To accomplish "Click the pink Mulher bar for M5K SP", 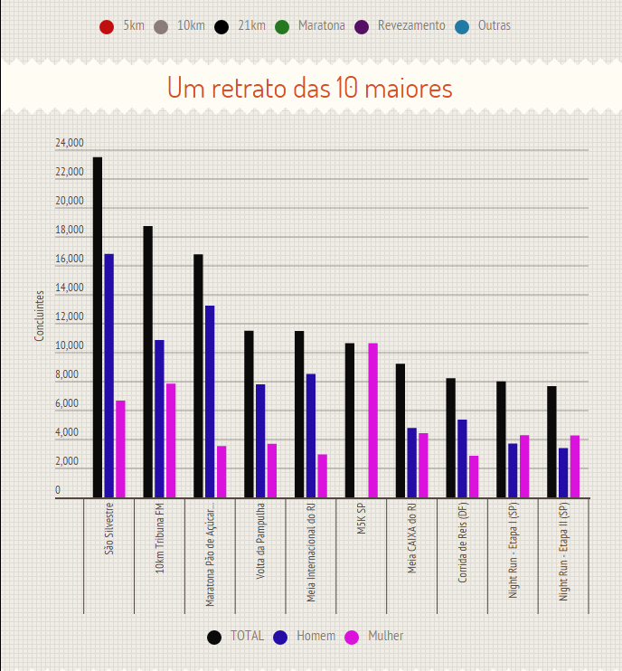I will click(x=372, y=421).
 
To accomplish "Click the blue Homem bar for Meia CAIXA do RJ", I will click(x=411, y=462).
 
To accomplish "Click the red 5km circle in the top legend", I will click(x=107, y=27).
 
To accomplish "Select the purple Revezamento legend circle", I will click(x=361, y=27).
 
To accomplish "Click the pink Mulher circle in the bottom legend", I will click(x=352, y=637).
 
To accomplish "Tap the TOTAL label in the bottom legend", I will click(x=247, y=636).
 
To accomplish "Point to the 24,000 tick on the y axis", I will click(x=70, y=144).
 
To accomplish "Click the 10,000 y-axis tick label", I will click(x=70, y=346).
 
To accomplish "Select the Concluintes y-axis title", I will click(x=39, y=316).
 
